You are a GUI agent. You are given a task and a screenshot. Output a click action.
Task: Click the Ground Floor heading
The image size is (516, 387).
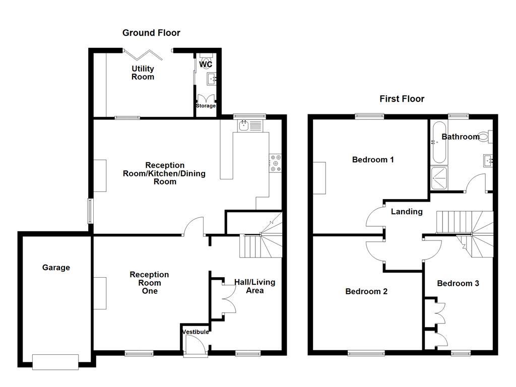(x=151, y=33)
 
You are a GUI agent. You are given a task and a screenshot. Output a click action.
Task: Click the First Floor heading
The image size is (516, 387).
(x=402, y=99)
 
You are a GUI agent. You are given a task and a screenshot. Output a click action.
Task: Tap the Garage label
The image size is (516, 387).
(x=56, y=268)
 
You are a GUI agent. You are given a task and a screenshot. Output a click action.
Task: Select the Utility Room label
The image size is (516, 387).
(x=143, y=73)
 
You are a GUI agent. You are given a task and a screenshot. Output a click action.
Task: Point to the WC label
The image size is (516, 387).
(x=206, y=64)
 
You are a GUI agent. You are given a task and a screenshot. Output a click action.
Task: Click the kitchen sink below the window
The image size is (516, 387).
(x=244, y=125)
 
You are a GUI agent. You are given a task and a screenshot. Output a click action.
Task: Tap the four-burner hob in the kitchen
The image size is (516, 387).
(x=276, y=163)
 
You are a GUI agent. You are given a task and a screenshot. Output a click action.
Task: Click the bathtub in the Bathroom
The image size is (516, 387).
(x=438, y=142)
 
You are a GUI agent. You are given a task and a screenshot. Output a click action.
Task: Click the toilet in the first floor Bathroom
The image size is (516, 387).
(x=485, y=136)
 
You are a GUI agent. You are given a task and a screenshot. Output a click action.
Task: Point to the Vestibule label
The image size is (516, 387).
(x=196, y=332)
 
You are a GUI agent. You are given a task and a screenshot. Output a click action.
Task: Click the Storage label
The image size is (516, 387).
(x=206, y=106)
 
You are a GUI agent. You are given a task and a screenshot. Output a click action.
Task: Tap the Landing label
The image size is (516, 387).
(x=407, y=212)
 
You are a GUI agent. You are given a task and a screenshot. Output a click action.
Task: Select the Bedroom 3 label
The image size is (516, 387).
(x=458, y=283)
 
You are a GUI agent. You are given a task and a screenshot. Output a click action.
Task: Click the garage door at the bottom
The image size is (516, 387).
(x=55, y=361)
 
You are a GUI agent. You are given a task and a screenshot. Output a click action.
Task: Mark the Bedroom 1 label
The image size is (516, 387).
(x=373, y=160)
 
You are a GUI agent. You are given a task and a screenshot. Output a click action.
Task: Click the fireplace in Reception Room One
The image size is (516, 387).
(x=100, y=293)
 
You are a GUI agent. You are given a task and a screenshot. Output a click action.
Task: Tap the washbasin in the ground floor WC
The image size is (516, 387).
(x=211, y=78)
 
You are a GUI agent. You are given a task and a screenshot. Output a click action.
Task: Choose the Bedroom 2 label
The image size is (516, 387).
(x=366, y=291)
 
